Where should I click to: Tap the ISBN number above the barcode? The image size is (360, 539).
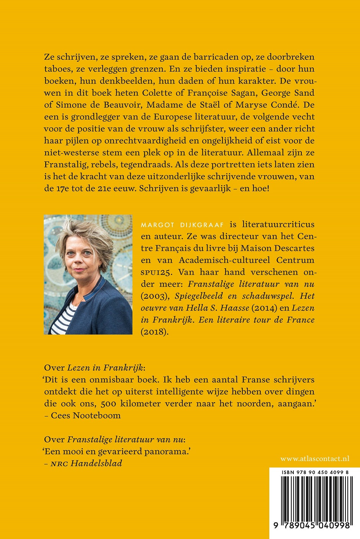coord(314,473)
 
